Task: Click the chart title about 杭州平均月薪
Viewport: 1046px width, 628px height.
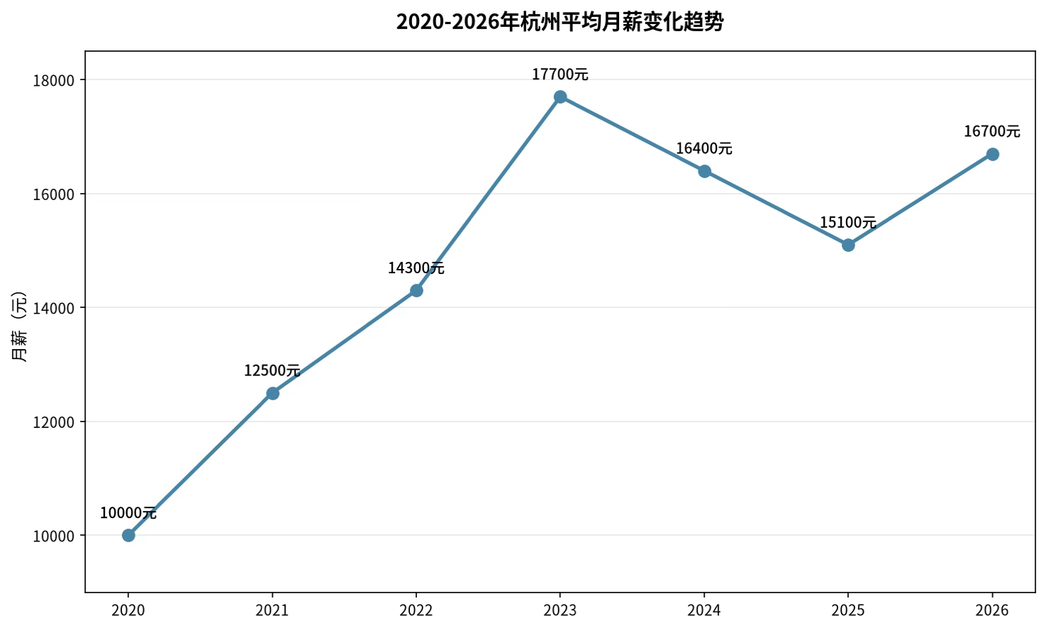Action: pos(560,22)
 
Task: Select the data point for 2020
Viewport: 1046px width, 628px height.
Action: pos(128,536)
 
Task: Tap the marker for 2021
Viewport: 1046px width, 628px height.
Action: pos(273,393)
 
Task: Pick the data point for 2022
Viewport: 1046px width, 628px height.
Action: pos(416,291)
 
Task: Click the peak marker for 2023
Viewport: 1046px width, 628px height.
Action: pos(560,97)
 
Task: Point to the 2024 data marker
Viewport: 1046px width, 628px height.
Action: pos(705,172)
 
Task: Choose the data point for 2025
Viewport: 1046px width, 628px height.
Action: pos(848,246)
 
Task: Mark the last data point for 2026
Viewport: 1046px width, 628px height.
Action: pos(992,154)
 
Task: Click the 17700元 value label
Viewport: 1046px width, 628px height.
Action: pos(560,75)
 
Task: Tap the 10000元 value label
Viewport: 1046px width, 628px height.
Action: pos(128,513)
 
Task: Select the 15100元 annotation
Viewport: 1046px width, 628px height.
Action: pos(848,222)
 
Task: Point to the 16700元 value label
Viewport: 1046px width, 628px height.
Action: pos(992,131)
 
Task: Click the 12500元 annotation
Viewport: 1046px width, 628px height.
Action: pos(272,370)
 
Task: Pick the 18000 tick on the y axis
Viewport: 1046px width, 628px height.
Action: pos(54,81)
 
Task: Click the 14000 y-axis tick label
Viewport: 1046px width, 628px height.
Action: pos(54,309)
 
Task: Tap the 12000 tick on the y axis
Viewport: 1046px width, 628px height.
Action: pos(54,422)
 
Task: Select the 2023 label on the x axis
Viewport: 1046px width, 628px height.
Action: pos(560,610)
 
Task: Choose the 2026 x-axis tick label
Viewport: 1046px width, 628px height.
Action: pos(992,610)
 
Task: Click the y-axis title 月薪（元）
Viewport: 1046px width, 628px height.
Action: pos(19,326)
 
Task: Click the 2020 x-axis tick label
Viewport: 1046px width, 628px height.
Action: pos(128,610)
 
